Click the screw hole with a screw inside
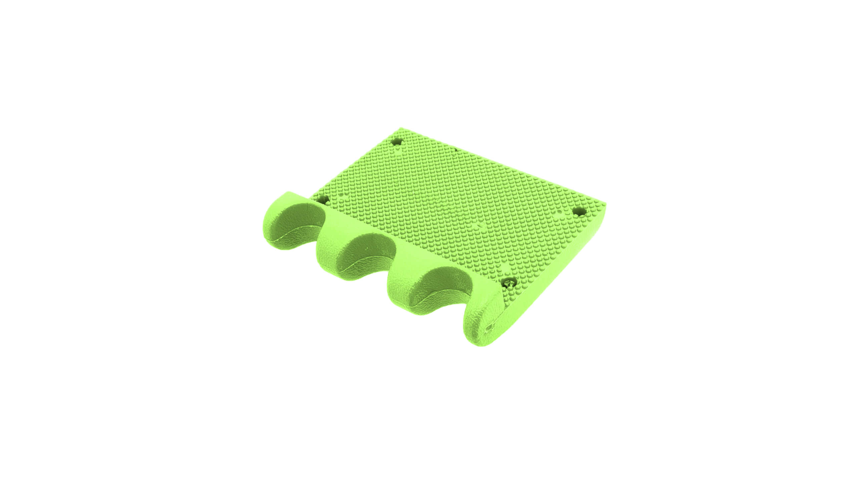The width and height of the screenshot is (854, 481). (x=509, y=284)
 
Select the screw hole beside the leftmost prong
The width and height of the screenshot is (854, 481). (x=323, y=200)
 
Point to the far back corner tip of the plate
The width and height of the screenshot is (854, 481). (x=400, y=129)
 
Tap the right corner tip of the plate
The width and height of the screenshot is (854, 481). (x=604, y=204)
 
